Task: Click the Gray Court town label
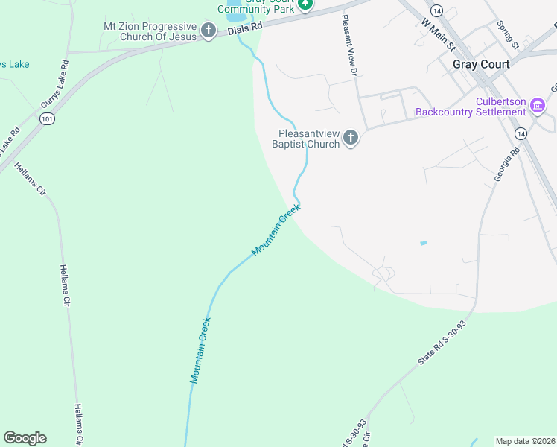pyautogui.click(x=481, y=64)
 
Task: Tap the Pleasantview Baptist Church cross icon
pyautogui.click(x=351, y=139)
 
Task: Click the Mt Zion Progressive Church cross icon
pyautogui.click(x=209, y=31)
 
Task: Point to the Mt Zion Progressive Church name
pyautogui.click(x=150, y=31)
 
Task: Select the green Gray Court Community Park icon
pyautogui.click(x=305, y=4)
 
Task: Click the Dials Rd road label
pyautogui.click(x=246, y=26)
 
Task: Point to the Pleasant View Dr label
pyautogui.click(x=349, y=45)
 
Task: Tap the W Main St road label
pyautogui.click(x=438, y=34)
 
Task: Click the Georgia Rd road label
pyautogui.click(x=506, y=165)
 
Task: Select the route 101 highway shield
pyautogui.click(x=47, y=120)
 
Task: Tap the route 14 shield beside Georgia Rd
pyautogui.click(x=521, y=133)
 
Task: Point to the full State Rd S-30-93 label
pyautogui.click(x=442, y=344)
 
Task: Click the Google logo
pyautogui.click(x=25, y=438)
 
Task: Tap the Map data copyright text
pyautogui.click(x=525, y=441)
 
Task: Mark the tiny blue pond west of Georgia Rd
pyautogui.click(x=424, y=243)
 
